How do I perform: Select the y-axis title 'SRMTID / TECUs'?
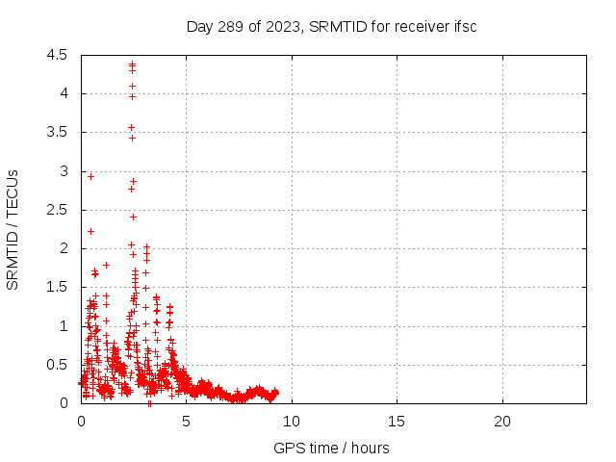coord(13,229)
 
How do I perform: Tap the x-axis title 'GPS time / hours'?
coord(331,448)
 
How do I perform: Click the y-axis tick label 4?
coord(64,93)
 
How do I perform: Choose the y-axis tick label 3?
coord(64,171)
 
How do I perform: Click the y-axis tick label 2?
coord(64,248)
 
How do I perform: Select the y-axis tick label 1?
coord(64,326)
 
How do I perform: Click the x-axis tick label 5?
coord(186,422)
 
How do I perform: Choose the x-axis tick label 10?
coord(291,422)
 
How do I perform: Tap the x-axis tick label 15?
coord(397,422)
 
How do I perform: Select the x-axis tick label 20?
coord(501,422)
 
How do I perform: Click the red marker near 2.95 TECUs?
coord(90,176)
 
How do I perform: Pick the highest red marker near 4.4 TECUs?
coord(132,64)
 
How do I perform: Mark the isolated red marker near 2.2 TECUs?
coord(90,231)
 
